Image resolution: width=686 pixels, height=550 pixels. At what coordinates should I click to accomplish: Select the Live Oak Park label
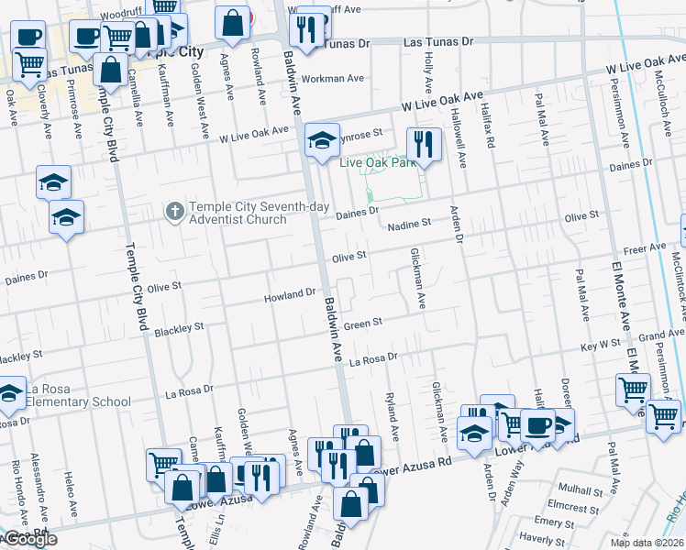pos(374,163)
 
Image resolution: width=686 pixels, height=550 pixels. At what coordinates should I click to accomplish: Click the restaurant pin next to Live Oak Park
pos(423,145)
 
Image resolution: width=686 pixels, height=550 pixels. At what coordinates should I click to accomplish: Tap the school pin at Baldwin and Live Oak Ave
pos(321,141)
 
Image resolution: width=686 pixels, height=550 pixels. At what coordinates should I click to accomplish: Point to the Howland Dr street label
pos(290,295)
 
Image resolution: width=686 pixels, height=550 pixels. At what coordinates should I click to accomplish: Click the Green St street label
pos(363,323)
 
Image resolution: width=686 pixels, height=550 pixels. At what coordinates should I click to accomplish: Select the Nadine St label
pos(409,225)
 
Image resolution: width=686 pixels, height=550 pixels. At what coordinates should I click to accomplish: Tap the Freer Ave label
pos(645,248)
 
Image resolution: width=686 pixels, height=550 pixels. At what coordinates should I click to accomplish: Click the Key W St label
pos(602,347)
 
